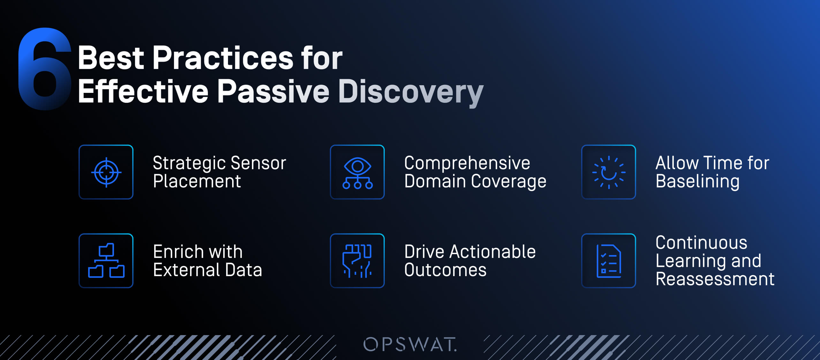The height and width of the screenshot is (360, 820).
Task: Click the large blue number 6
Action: [x=45, y=69]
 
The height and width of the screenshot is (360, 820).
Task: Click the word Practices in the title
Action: [x=223, y=58]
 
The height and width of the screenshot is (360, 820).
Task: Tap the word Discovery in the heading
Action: [x=411, y=92]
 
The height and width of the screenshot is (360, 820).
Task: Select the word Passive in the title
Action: [x=273, y=92]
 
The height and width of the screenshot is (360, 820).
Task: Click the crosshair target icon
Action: [x=106, y=172]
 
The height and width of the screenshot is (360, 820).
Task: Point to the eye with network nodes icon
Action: [x=357, y=172]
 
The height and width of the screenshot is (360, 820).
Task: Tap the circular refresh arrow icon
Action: [x=609, y=172]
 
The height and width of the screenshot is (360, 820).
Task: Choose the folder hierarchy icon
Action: [x=106, y=261]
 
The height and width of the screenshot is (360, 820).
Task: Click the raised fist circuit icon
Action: [x=357, y=261]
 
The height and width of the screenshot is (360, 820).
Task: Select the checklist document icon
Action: [x=609, y=261]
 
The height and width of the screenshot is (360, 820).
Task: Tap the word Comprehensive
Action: [x=467, y=163]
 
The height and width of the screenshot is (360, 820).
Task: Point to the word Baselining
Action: [x=697, y=182]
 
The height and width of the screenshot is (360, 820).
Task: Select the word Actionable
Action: [x=492, y=252]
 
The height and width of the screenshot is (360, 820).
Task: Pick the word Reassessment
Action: [x=715, y=279]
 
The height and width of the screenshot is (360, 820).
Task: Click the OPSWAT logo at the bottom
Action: [x=410, y=345]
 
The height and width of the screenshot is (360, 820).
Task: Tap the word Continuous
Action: [x=701, y=243]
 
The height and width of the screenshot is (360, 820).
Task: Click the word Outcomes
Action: [x=445, y=270]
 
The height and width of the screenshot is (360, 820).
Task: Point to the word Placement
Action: [x=197, y=182]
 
